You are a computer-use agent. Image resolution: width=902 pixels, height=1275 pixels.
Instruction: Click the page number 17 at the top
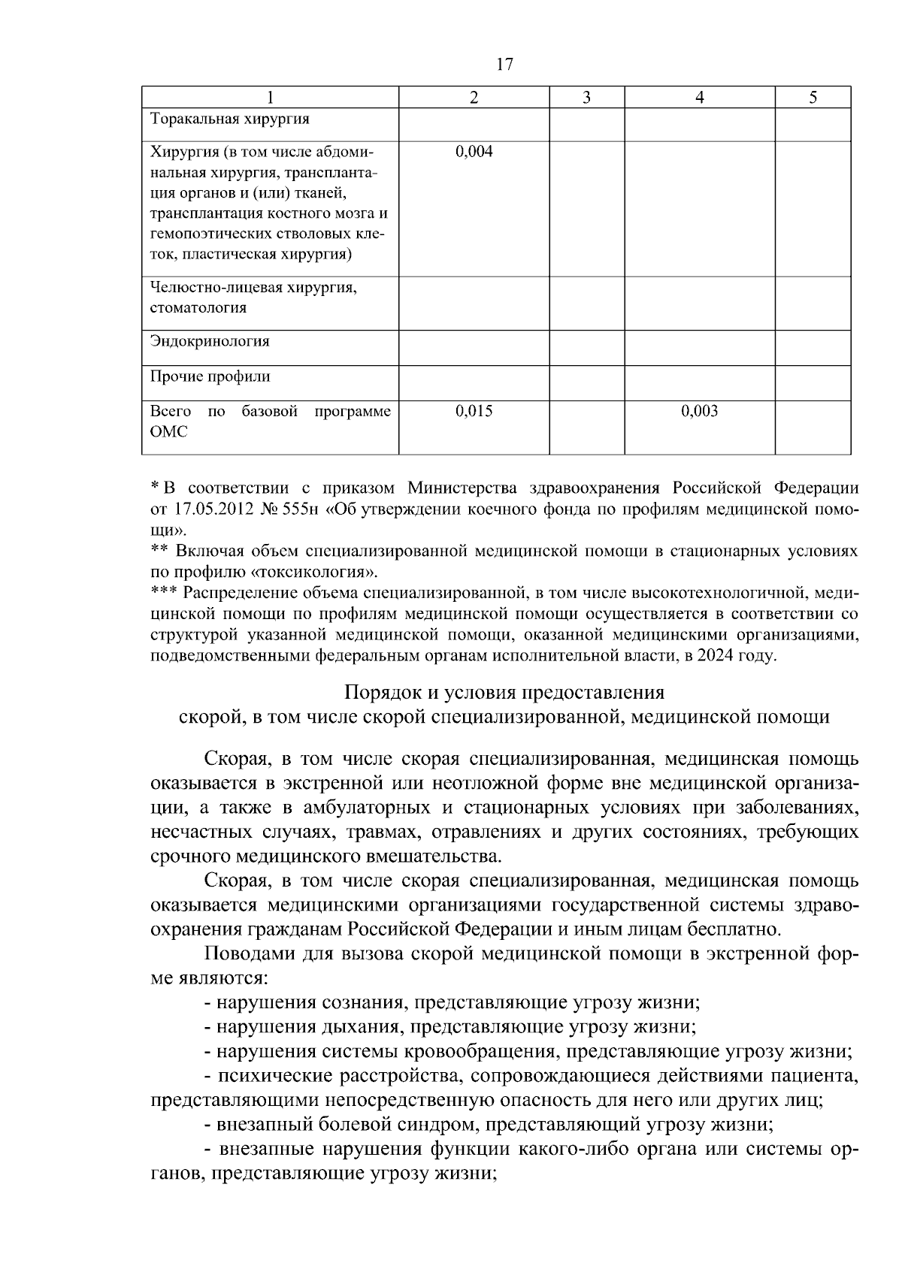click(x=504, y=65)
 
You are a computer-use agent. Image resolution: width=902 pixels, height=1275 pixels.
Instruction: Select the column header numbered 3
click(x=586, y=98)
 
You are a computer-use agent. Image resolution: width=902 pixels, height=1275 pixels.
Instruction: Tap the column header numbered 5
click(x=813, y=98)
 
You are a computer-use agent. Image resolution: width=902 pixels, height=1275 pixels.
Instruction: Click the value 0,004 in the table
click(x=474, y=153)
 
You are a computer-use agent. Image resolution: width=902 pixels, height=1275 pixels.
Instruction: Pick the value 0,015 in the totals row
click(x=474, y=411)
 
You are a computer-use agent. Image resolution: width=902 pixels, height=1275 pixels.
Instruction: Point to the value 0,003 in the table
click(x=699, y=411)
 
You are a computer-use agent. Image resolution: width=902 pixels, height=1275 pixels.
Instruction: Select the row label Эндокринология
click(x=210, y=341)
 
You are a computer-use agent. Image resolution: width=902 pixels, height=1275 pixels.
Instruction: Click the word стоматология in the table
click(x=198, y=307)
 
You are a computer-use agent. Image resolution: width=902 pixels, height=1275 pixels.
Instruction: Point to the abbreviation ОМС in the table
click(x=168, y=432)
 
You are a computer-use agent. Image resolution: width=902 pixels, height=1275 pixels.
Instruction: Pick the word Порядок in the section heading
click(x=380, y=691)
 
